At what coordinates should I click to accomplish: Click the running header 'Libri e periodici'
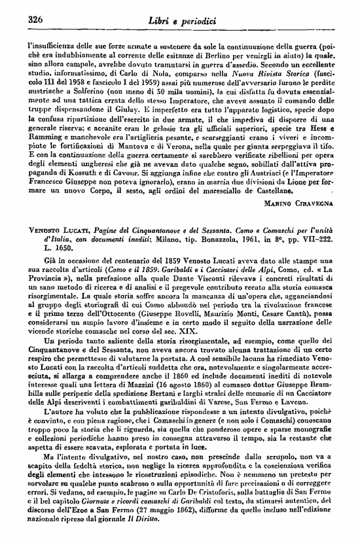pyautogui.click(x=181, y=21)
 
